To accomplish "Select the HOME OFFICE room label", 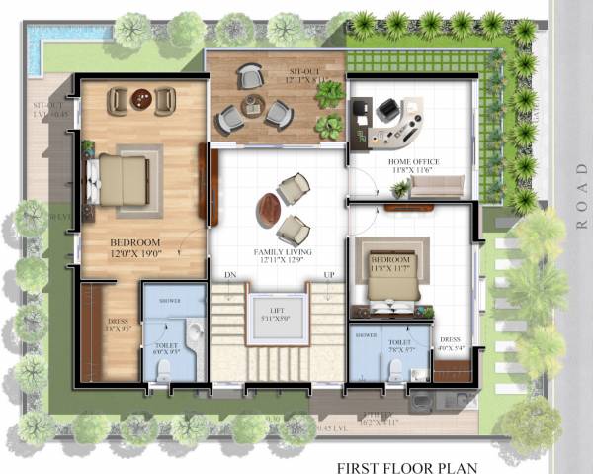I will [413, 161].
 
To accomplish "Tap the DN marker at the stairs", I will [230, 274].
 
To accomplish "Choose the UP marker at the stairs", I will [330, 274].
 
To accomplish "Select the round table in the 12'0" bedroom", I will [142, 99].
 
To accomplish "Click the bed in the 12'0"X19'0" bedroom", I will [123, 179].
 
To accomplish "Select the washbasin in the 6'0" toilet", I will [195, 331].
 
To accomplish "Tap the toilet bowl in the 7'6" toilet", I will [395, 368].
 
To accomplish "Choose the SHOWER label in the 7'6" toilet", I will [366, 335].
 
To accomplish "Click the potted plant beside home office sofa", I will [399, 188].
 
